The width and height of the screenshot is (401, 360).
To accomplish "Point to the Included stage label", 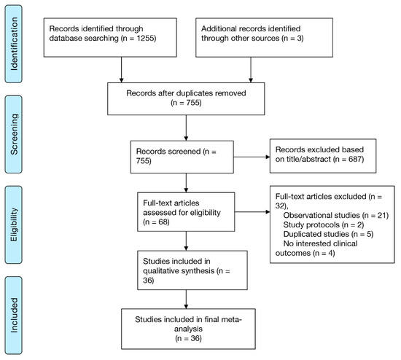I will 13,314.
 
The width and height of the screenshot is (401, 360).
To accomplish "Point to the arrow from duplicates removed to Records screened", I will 186,125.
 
